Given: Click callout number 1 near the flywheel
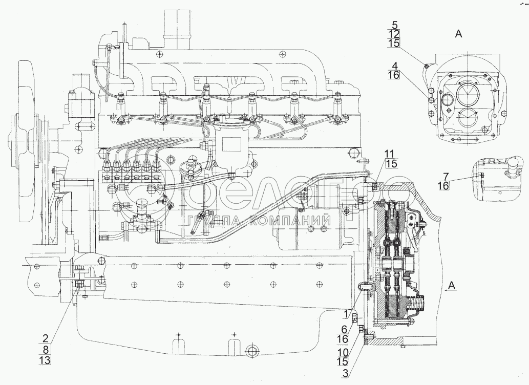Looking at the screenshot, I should click(347, 314).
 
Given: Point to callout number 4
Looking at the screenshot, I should click(395, 66).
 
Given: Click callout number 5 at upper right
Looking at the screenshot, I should click(395, 25).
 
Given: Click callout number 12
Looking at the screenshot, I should click(395, 34).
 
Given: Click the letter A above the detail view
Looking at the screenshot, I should click(458, 34).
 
